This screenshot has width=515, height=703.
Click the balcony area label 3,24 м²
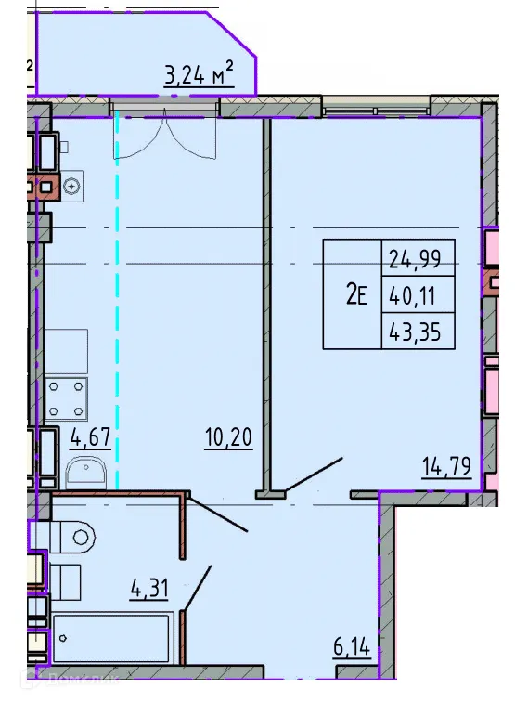click(x=198, y=74)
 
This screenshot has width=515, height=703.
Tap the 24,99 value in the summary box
click(x=417, y=259)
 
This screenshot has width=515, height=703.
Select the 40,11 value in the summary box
click(x=417, y=296)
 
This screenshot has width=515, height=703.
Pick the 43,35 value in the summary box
click(x=417, y=332)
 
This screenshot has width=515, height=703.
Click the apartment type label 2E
click(x=356, y=296)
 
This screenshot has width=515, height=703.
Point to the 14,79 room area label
click(x=446, y=463)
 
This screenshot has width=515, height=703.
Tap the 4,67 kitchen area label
click(x=90, y=436)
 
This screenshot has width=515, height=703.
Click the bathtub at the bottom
click(x=111, y=638)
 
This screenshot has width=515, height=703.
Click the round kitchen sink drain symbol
click(x=71, y=187)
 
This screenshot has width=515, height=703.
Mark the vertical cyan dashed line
click(x=117, y=297)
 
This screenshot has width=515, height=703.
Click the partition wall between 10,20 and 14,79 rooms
click(x=267, y=306)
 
